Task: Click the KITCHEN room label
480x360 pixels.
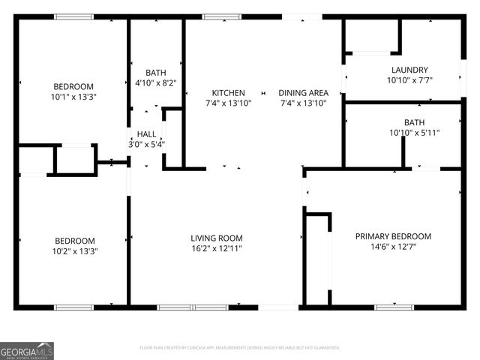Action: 228,93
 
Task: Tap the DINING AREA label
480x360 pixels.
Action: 304,93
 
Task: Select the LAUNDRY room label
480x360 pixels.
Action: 409,69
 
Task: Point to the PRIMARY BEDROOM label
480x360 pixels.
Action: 393,236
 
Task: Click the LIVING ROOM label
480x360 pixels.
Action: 217,238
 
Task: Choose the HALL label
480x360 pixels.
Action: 146,133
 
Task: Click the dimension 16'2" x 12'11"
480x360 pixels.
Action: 217,249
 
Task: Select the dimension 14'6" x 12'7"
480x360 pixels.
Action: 393,247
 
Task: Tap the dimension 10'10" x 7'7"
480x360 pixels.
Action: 409,79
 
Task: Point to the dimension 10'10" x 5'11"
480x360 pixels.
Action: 414,133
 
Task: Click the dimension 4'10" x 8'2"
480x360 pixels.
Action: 155,83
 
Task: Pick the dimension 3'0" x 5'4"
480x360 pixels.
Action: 146,144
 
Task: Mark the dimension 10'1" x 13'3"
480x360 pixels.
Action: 73,97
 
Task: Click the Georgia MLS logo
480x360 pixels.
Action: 27,350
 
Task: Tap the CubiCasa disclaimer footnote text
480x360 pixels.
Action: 240,348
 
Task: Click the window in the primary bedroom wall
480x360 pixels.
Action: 394,307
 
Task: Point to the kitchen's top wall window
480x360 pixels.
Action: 217,16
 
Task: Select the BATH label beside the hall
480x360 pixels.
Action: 155,73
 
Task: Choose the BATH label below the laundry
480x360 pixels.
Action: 414,122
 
